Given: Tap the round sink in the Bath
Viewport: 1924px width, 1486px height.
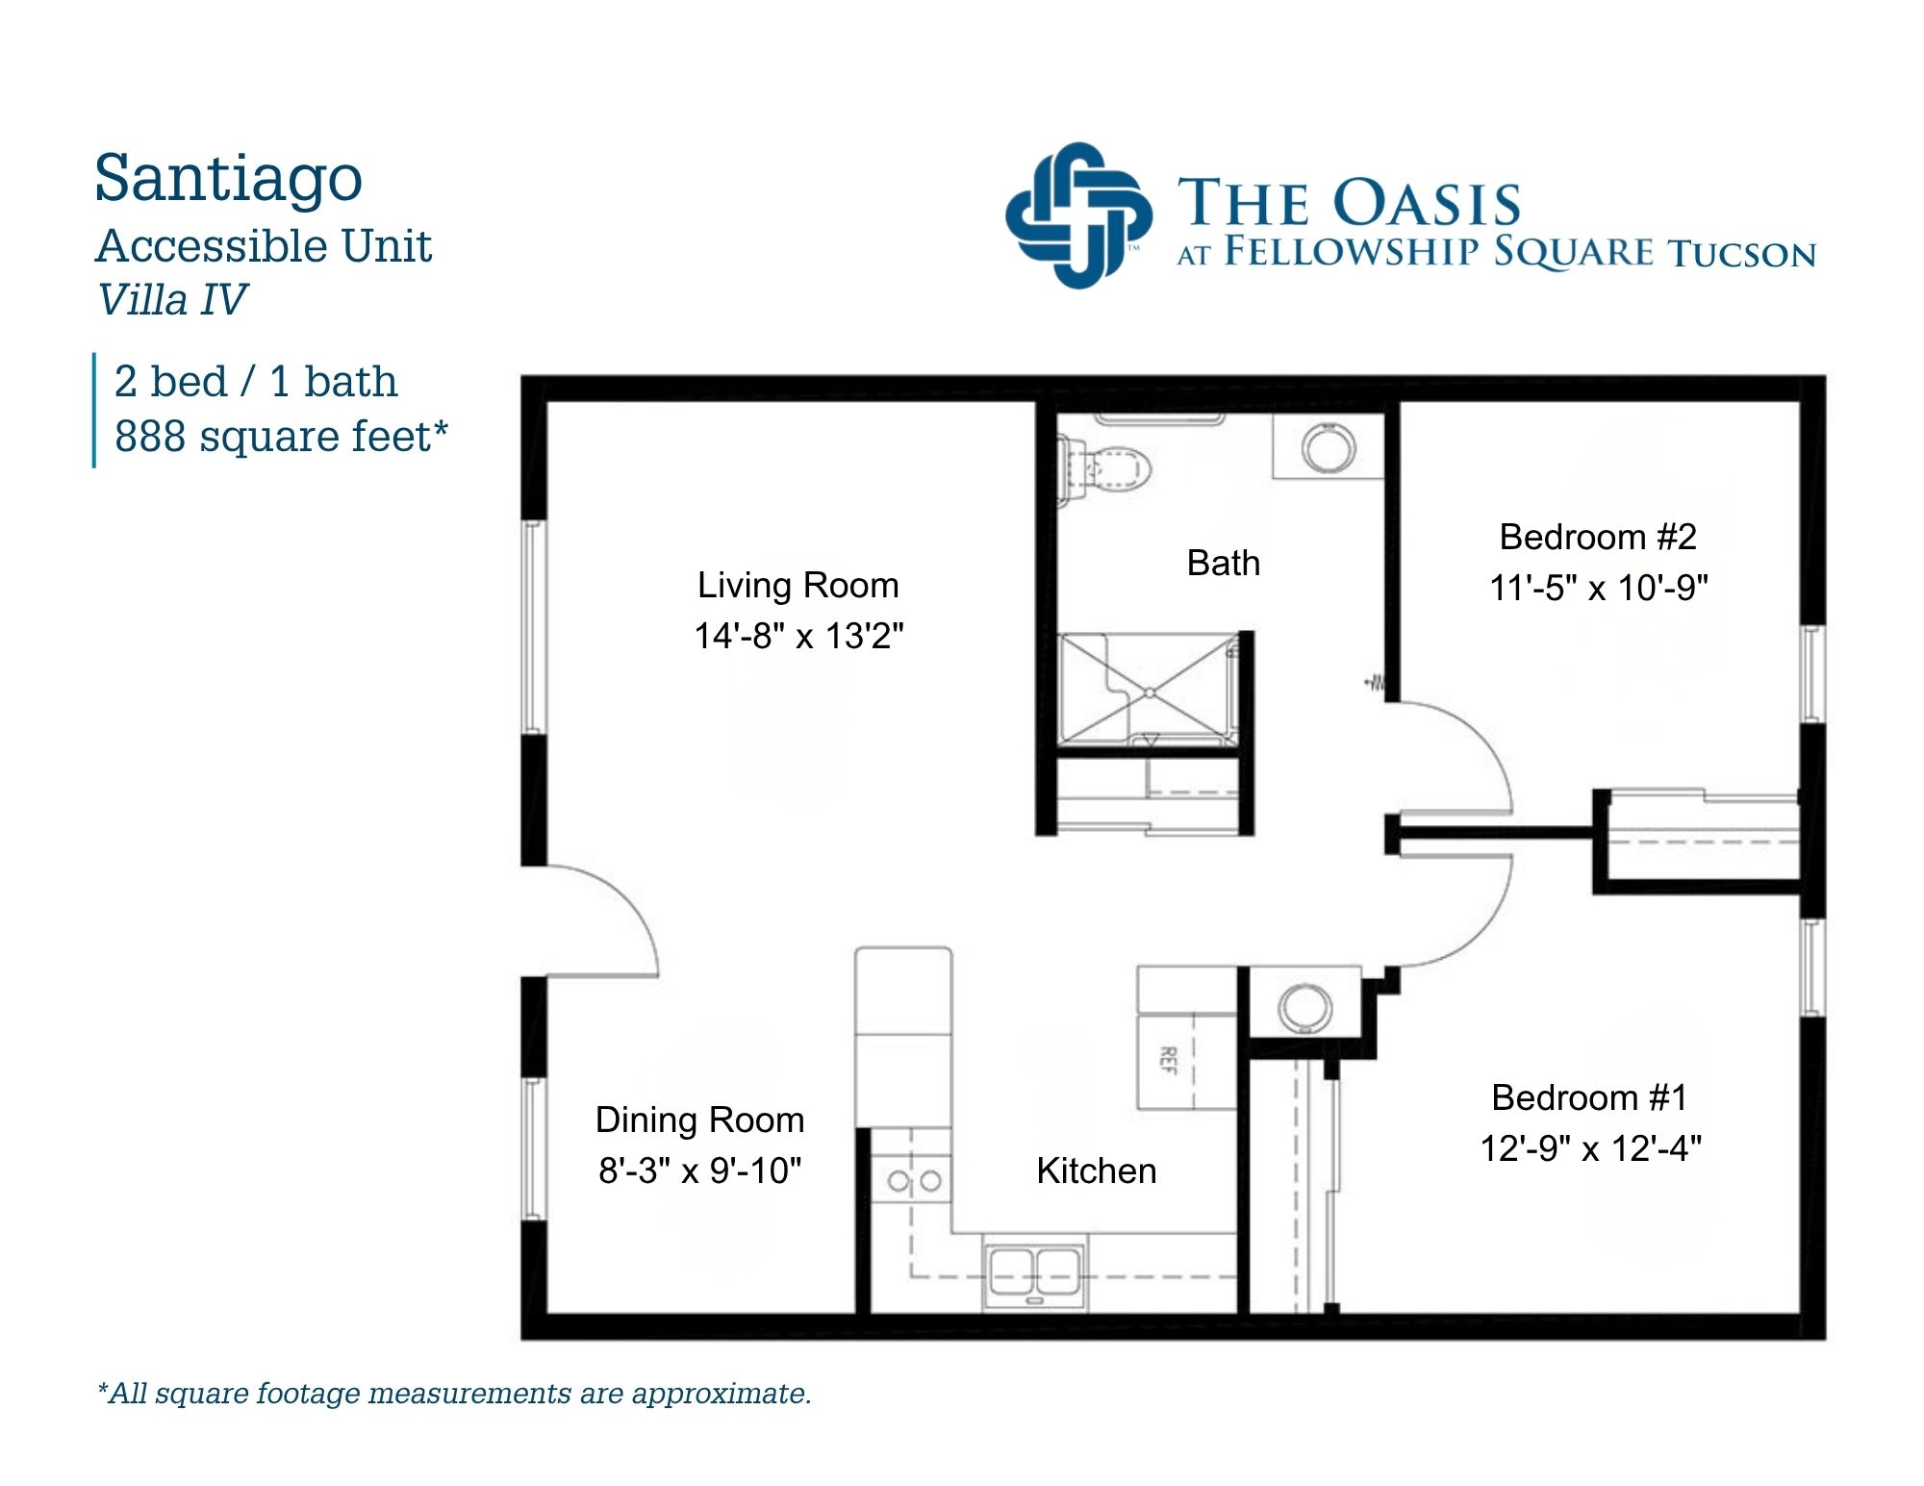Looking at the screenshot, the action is (1329, 447).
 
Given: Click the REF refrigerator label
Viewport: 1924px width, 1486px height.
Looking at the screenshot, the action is (1168, 1060).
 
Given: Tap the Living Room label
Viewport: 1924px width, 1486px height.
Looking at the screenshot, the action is (797, 585).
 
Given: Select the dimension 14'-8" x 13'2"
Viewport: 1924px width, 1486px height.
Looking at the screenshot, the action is (798, 636).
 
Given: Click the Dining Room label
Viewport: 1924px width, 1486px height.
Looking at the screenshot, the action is (699, 1120).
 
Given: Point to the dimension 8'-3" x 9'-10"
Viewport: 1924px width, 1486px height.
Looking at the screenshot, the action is (699, 1171).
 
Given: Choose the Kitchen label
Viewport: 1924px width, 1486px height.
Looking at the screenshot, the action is (1097, 1171).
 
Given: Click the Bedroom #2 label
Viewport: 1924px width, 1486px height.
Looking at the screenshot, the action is (1598, 537).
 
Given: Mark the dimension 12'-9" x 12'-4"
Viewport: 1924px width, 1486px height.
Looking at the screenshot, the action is (1590, 1148).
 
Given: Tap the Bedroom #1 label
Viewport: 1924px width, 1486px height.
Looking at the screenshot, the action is (1589, 1097).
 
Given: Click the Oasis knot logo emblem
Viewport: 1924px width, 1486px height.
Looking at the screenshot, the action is (1078, 215).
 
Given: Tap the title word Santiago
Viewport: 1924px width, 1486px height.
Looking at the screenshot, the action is (228, 179).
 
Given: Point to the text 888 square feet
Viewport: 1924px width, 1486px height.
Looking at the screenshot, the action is (281, 436).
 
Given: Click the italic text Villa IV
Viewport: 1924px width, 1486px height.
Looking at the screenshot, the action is (172, 299).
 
